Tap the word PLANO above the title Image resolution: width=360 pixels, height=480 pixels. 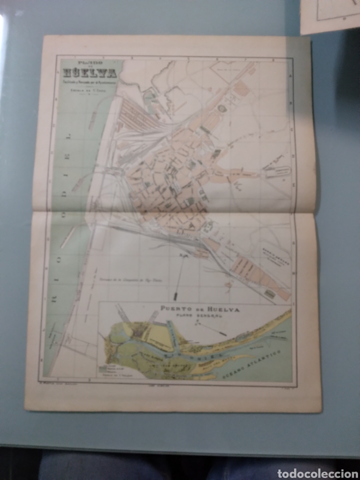(x=89, y=63)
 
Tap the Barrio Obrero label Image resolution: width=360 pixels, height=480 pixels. (x=274, y=252)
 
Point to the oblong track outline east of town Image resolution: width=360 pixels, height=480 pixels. (x=273, y=171)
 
